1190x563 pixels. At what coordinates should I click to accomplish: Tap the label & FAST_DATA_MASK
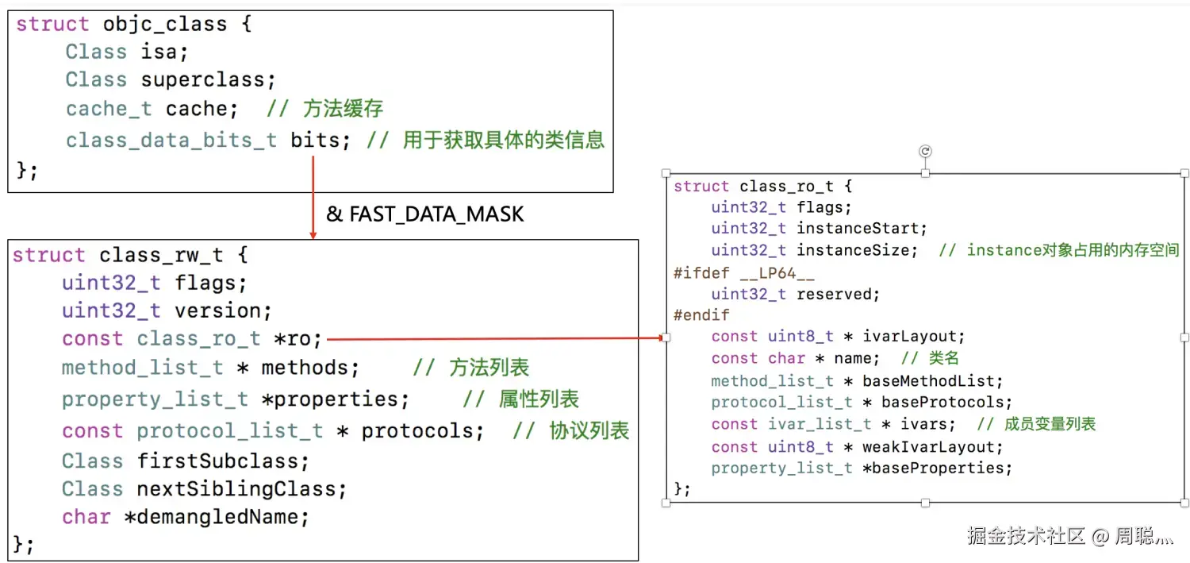pyautogui.click(x=425, y=214)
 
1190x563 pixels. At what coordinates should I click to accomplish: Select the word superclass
pyautogui.click(x=208, y=80)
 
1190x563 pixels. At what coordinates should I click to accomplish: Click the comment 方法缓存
pyautogui.click(x=344, y=109)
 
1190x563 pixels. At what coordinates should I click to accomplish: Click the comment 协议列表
pyautogui.click(x=589, y=430)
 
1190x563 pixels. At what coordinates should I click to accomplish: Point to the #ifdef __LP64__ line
pyautogui.click(x=743, y=272)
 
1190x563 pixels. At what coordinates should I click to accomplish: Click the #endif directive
pyautogui.click(x=690, y=315)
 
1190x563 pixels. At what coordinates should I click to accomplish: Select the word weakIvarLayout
pyautogui.click(x=927, y=447)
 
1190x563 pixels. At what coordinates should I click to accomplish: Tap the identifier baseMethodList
pyautogui.click(x=932, y=381)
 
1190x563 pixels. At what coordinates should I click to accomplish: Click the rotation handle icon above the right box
pyautogui.click(x=925, y=151)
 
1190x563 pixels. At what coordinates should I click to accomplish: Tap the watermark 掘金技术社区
pyautogui.click(x=1026, y=536)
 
